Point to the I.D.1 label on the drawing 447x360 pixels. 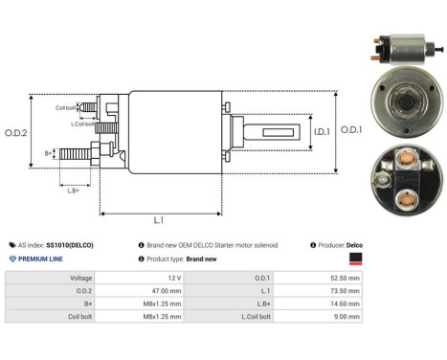322,131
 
